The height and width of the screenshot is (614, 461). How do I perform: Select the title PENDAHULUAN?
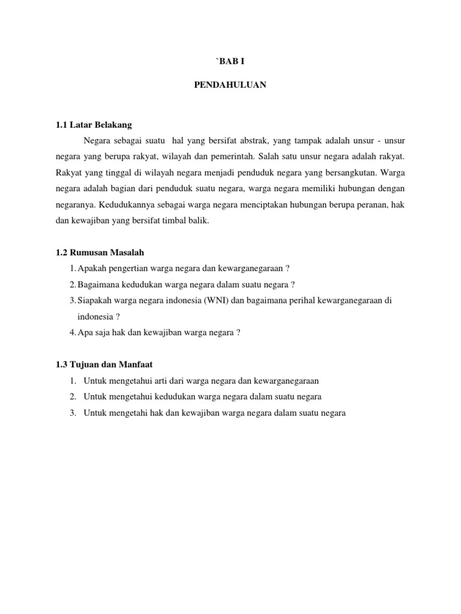[230, 85]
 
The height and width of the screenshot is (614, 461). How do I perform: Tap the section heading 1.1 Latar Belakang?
[93, 125]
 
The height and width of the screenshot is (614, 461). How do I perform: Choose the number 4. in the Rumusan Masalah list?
[73, 333]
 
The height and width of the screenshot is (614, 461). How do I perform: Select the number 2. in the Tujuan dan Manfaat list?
[72, 397]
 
